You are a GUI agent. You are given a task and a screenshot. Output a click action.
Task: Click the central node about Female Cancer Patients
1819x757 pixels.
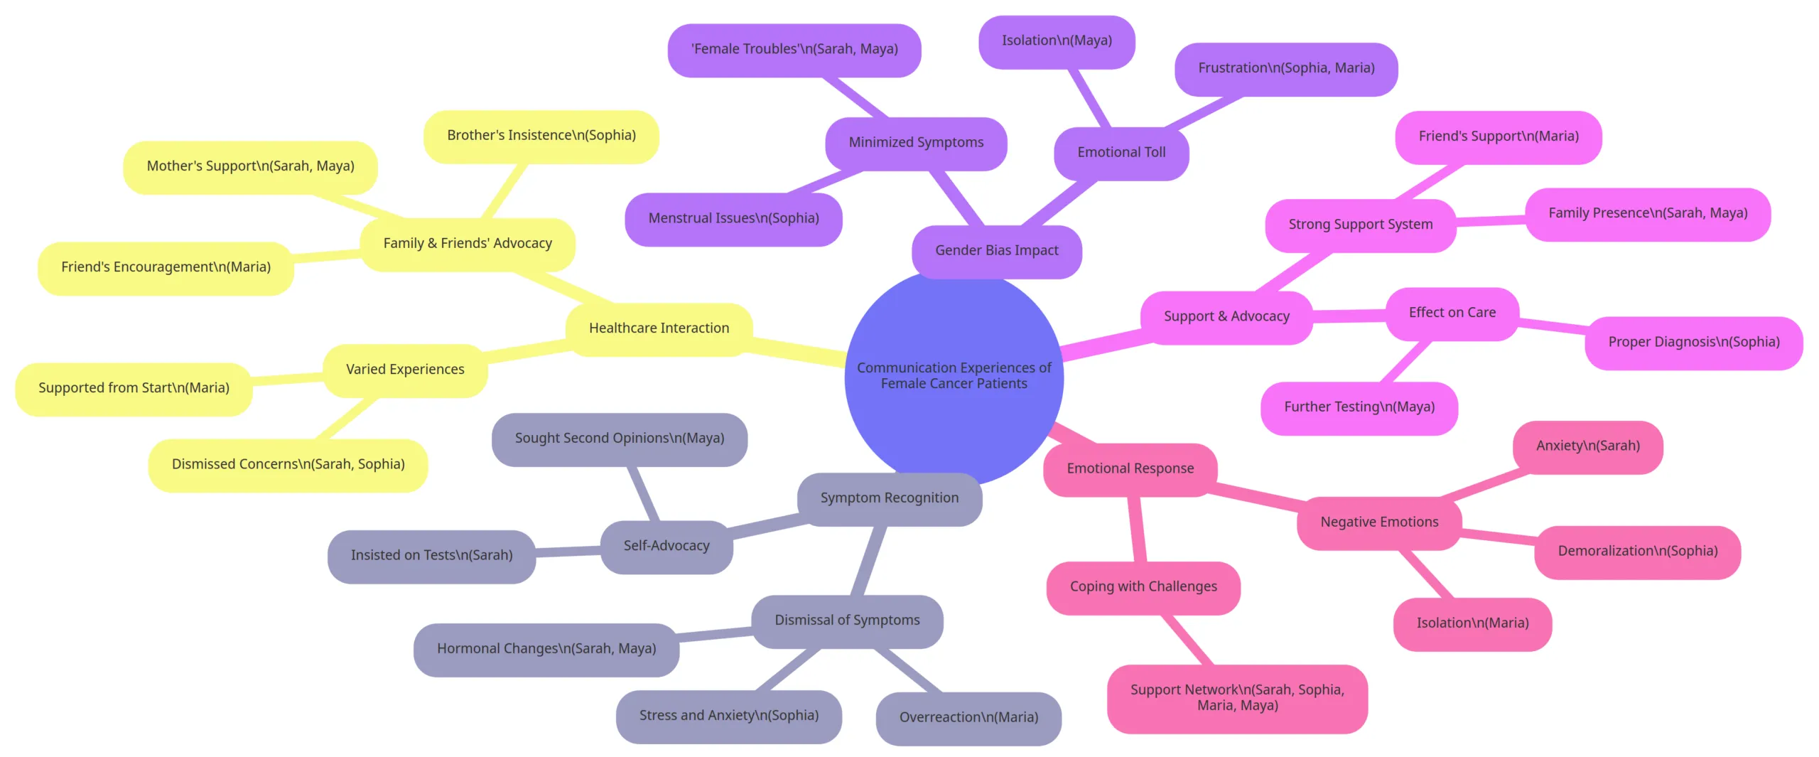[x=954, y=377]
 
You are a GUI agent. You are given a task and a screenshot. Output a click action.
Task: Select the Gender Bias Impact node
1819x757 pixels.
[x=996, y=251]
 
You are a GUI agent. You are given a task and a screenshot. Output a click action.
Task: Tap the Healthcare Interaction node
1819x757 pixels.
[x=659, y=328]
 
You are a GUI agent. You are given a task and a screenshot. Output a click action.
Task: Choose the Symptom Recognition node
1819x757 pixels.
[x=889, y=498]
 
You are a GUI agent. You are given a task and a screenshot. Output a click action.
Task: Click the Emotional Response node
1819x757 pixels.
[x=1130, y=469]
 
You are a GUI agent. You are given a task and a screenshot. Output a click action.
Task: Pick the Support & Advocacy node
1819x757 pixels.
[x=1226, y=317]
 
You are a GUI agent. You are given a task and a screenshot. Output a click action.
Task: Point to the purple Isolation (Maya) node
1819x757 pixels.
[x=1057, y=41]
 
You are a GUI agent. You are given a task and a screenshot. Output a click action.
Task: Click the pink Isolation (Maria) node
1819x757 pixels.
[x=1472, y=623]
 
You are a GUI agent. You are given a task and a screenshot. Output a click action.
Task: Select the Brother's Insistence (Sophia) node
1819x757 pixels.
[x=541, y=136]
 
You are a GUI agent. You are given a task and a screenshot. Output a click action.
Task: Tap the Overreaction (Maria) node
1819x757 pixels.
[x=968, y=718]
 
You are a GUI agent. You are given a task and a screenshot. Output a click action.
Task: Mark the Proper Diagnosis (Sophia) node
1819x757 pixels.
[x=1694, y=343]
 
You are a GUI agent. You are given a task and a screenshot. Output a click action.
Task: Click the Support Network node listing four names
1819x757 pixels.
[x=1237, y=698]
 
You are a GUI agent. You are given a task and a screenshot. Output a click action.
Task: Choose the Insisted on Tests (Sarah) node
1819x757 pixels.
[x=431, y=556]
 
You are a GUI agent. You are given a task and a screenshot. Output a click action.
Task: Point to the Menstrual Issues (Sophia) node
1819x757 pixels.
[x=733, y=219]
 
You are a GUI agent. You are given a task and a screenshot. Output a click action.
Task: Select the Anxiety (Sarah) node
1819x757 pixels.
[x=1588, y=446]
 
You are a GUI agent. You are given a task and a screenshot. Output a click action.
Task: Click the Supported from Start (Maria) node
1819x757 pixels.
[x=134, y=389]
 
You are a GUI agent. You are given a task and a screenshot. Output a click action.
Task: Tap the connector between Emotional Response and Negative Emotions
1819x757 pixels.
[x=1257, y=496]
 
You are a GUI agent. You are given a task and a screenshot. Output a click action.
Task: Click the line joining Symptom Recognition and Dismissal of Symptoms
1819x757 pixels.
[x=868, y=561]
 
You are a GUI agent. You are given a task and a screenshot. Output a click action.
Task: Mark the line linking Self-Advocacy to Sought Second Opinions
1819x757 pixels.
[x=642, y=494]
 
